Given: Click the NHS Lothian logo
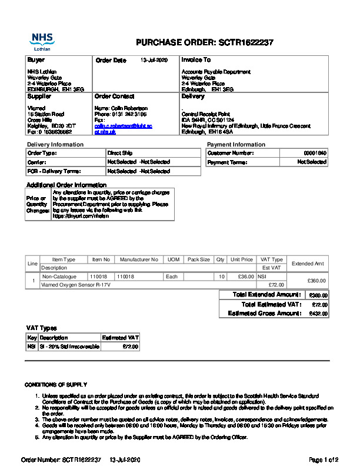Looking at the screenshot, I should [42, 41].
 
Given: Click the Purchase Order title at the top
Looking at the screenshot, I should [204, 42].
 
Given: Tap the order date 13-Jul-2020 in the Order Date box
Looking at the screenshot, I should [154, 60].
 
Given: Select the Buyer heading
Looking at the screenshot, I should [36, 60].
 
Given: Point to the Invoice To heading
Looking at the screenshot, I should [196, 60].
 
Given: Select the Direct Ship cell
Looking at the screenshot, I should [119, 153].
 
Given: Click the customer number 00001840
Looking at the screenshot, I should [315, 153].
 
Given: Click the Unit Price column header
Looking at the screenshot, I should [242, 259].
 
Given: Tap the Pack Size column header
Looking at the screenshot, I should [198, 259].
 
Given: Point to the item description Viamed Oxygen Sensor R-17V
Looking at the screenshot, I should [76, 285].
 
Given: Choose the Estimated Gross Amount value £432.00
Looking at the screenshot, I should [318, 314].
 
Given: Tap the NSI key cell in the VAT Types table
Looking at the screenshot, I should [32, 347].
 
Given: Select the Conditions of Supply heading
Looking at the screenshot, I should [56, 384].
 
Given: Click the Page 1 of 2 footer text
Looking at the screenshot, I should [324, 459].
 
